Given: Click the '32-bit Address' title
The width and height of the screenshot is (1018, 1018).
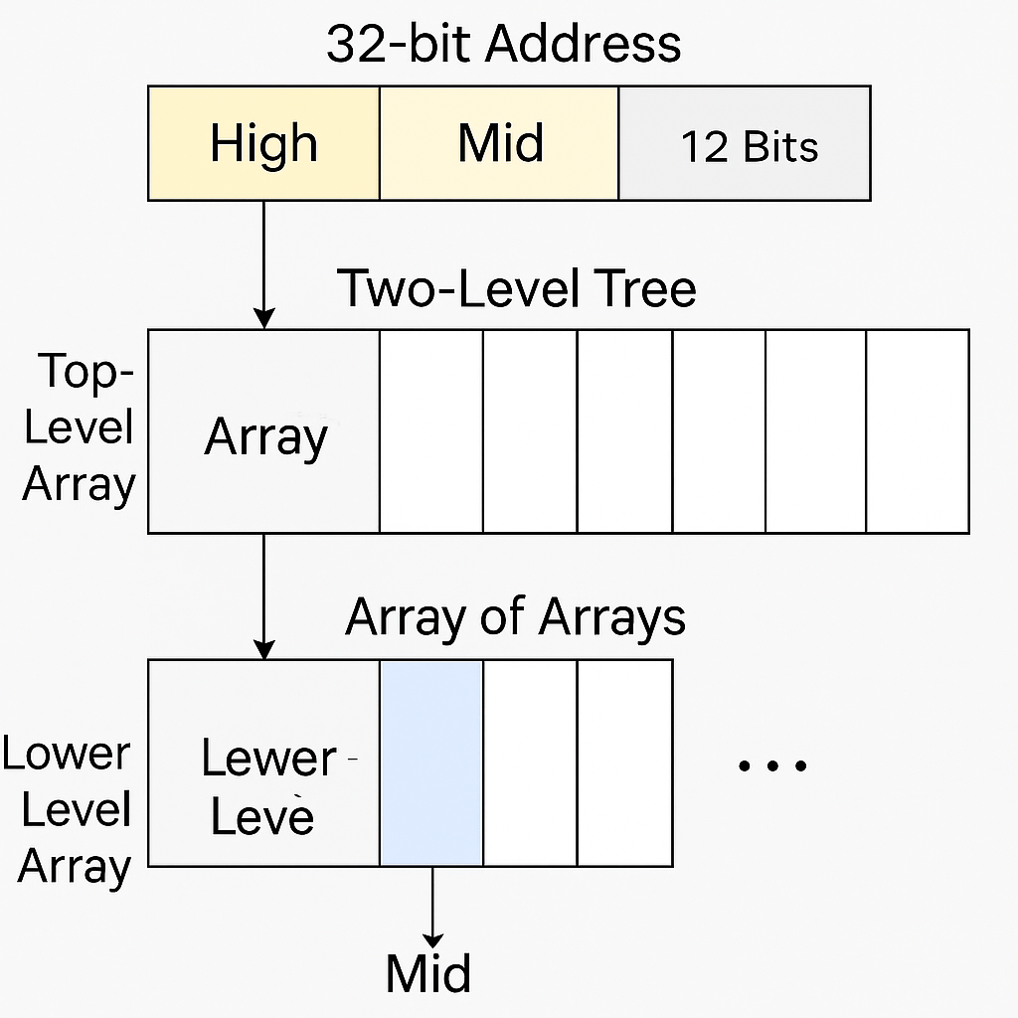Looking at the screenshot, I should point(503,45).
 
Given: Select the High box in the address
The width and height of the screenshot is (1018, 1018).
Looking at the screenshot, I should point(263,143).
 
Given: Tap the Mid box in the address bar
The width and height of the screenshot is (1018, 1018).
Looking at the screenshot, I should point(499,143).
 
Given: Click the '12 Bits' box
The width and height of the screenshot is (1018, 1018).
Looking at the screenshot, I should point(745,145).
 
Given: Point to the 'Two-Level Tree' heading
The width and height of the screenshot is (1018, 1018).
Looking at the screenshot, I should point(517,288).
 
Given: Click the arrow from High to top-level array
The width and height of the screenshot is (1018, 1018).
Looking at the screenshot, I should point(263,263).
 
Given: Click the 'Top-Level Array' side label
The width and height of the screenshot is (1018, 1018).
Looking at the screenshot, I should point(80,428).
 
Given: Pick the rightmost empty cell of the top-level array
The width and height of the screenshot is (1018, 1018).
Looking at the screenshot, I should point(917,431).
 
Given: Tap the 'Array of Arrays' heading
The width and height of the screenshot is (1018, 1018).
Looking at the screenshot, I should point(515,617).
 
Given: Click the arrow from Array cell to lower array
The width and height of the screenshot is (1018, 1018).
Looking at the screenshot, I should point(263,594).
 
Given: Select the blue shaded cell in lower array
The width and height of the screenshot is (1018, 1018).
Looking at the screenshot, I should point(431,763).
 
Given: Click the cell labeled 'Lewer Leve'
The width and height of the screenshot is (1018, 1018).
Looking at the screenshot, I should point(264,785).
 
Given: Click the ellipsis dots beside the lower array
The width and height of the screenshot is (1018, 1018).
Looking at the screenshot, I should point(771,764).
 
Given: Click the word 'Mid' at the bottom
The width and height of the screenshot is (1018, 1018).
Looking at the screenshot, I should point(428,973).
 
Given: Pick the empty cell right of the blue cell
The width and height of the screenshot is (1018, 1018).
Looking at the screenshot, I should point(530,763).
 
